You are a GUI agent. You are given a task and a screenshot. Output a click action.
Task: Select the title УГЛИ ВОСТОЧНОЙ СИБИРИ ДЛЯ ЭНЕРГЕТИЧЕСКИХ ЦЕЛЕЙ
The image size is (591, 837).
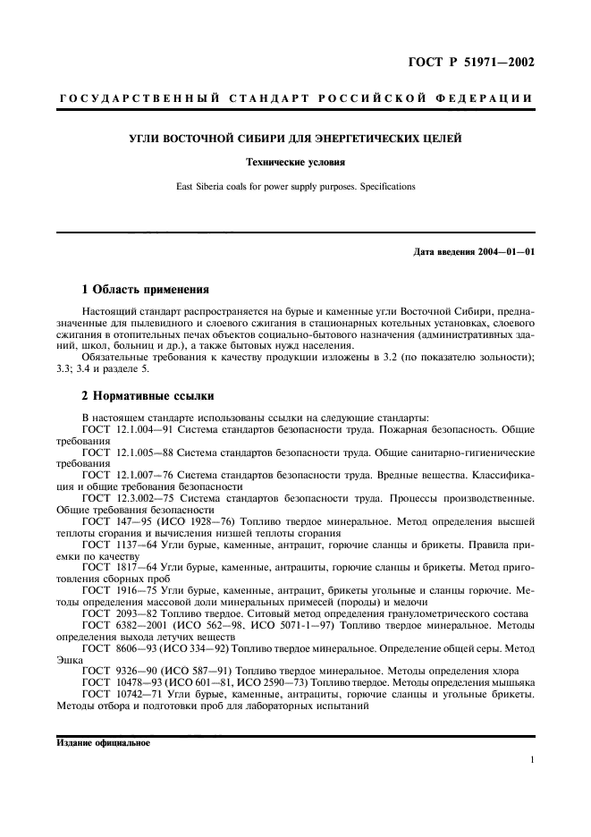point(295,138)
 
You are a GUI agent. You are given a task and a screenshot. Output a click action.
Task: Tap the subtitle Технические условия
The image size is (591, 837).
point(295,163)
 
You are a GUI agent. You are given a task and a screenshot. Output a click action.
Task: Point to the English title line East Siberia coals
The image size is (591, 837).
point(295,187)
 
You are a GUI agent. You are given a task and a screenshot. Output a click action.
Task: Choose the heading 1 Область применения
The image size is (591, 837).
point(145,290)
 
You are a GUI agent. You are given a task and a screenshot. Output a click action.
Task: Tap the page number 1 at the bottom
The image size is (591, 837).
point(532,760)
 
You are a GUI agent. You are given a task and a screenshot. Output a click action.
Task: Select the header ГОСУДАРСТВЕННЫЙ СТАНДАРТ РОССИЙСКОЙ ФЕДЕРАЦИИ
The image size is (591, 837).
point(295,97)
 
